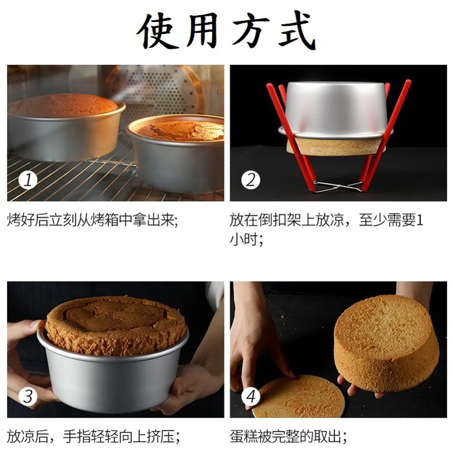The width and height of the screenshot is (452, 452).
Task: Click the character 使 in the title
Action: (x=157, y=31)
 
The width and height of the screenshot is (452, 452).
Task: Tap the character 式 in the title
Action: (x=297, y=30)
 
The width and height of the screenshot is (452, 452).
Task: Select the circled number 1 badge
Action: (x=28, y=180)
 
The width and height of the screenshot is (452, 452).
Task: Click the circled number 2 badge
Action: (x=251, y=180)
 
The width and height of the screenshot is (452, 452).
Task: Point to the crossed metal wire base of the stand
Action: (x=337, y=187)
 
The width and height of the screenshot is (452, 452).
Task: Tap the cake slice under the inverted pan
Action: (x=336, y=147)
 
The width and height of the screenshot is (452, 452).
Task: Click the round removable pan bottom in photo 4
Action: (x=298, y=396)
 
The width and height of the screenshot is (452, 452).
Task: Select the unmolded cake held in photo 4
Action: (x=386, y=343)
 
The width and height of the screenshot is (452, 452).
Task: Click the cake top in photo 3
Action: (x=115, y=325)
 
